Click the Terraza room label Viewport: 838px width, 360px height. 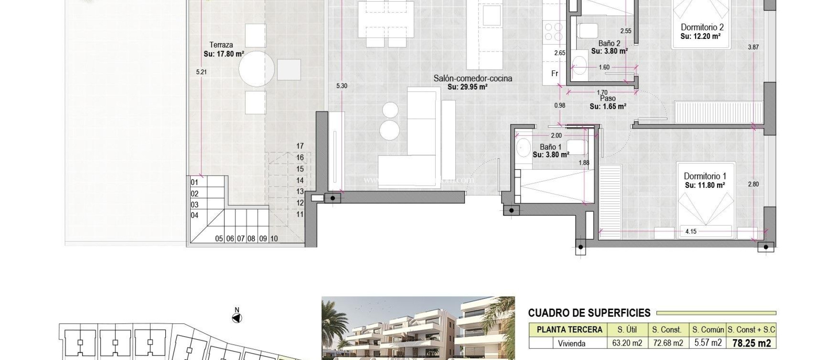[x=221, y=45]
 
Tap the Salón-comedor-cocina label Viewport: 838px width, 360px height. [x=473, y=79]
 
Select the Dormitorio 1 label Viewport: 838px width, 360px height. [x=705, y=176]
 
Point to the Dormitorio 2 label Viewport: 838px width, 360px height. [x=702, y=27]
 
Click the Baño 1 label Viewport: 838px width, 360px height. [x=550, y=147]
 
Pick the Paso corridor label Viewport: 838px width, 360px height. [x=608, y=99]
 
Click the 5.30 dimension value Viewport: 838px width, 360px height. [x=341, y=86]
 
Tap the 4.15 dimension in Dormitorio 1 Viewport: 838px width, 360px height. [x=691, y=232]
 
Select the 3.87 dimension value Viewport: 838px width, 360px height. [x=753, y=47]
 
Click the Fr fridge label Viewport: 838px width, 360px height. [x=554, y=74]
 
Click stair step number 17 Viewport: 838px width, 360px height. [x=300, y=146]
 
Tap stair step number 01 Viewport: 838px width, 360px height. [x=194, y=182]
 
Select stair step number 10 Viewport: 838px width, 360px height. [x=274, y=239]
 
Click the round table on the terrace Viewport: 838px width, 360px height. [x=257, y=68]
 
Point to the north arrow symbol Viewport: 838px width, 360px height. [x=237, y=318]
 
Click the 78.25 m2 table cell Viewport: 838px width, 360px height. [x=751, y=343]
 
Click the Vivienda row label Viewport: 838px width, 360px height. [x=571, y=344]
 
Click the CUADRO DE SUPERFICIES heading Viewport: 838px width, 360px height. [x=589, y=313]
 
